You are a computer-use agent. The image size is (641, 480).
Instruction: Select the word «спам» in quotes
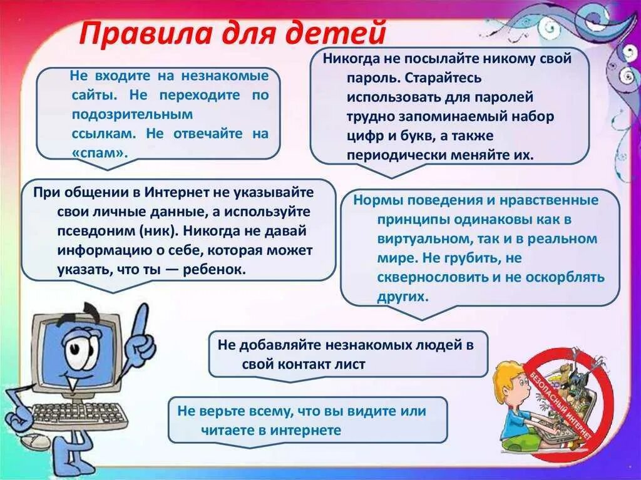pyautogui.click(x=99, y=152)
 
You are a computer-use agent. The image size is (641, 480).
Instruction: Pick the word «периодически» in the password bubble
pyautogui.click(x=387, y=155)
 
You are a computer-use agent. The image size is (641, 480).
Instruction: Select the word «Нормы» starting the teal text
pyautogui.click(x=374, y=200)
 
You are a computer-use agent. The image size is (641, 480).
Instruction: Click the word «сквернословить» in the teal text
pyautogui.click(x=428, y=277)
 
